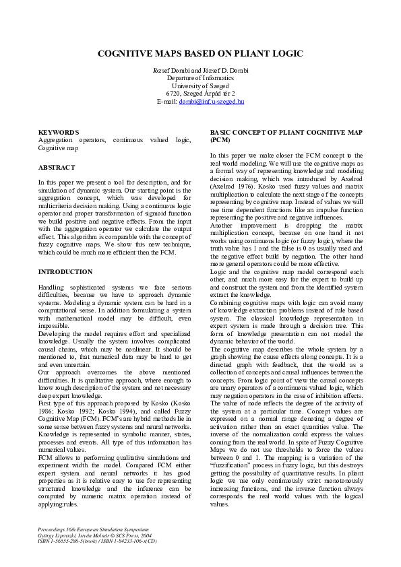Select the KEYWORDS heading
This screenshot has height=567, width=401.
click(59, 132)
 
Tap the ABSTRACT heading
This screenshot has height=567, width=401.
click(57, 167)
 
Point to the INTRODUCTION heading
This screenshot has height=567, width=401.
click(65, 271)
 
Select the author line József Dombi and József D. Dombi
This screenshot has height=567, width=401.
click(200, 71)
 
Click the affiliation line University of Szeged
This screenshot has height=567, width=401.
click(200, 86)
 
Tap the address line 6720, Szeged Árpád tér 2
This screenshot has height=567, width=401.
click(200, 94)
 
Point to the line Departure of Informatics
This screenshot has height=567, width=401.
click(200, 79)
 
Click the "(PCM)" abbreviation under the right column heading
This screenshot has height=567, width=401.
click(220, 140)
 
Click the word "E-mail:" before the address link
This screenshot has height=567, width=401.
click(166, 101)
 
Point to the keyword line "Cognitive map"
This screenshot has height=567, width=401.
click(58, 147)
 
